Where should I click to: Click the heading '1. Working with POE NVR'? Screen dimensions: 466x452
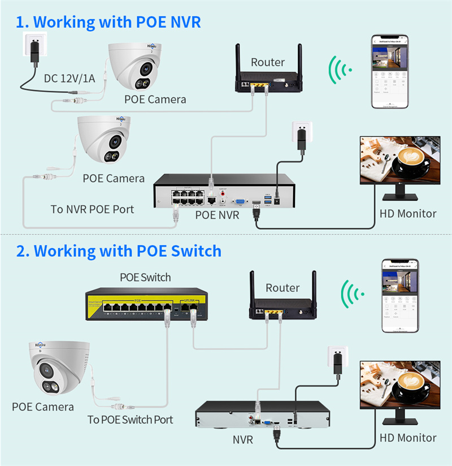pyautogui.click(x=108, y=22)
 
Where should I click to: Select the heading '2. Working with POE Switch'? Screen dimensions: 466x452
pyautogui.click(x=119, y=251)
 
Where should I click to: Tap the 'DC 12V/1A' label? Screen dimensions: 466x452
pyautogui.click(x=69, y=78)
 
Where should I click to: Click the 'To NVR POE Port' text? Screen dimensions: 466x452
pyautogui.click(x=92, y=209)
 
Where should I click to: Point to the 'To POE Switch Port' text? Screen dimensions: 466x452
pyautogui.click(x=130, y=420)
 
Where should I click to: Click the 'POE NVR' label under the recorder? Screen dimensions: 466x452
pyautogui.click(x=217, y=215)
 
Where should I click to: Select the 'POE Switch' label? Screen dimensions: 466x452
pyautogui.click(x=145, y=278)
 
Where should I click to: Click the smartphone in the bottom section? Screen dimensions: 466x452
pyautogui.click(x=399, y=295)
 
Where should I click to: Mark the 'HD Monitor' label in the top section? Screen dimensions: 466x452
pyautogui.click(x=408, y=213)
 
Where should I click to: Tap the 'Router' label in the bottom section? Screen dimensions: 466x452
pyautogui.click(x=282, y=288)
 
